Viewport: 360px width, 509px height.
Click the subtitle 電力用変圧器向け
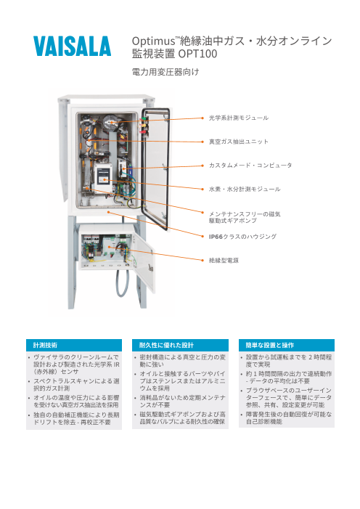tap(165, 73)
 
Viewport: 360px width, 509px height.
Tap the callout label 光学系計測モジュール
tap(239, 117)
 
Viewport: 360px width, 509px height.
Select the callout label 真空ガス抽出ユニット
tap(239, 141)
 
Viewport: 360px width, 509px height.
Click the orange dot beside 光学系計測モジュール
tap(201, 117)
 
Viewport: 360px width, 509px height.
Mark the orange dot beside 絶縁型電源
tap(201, 259)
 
